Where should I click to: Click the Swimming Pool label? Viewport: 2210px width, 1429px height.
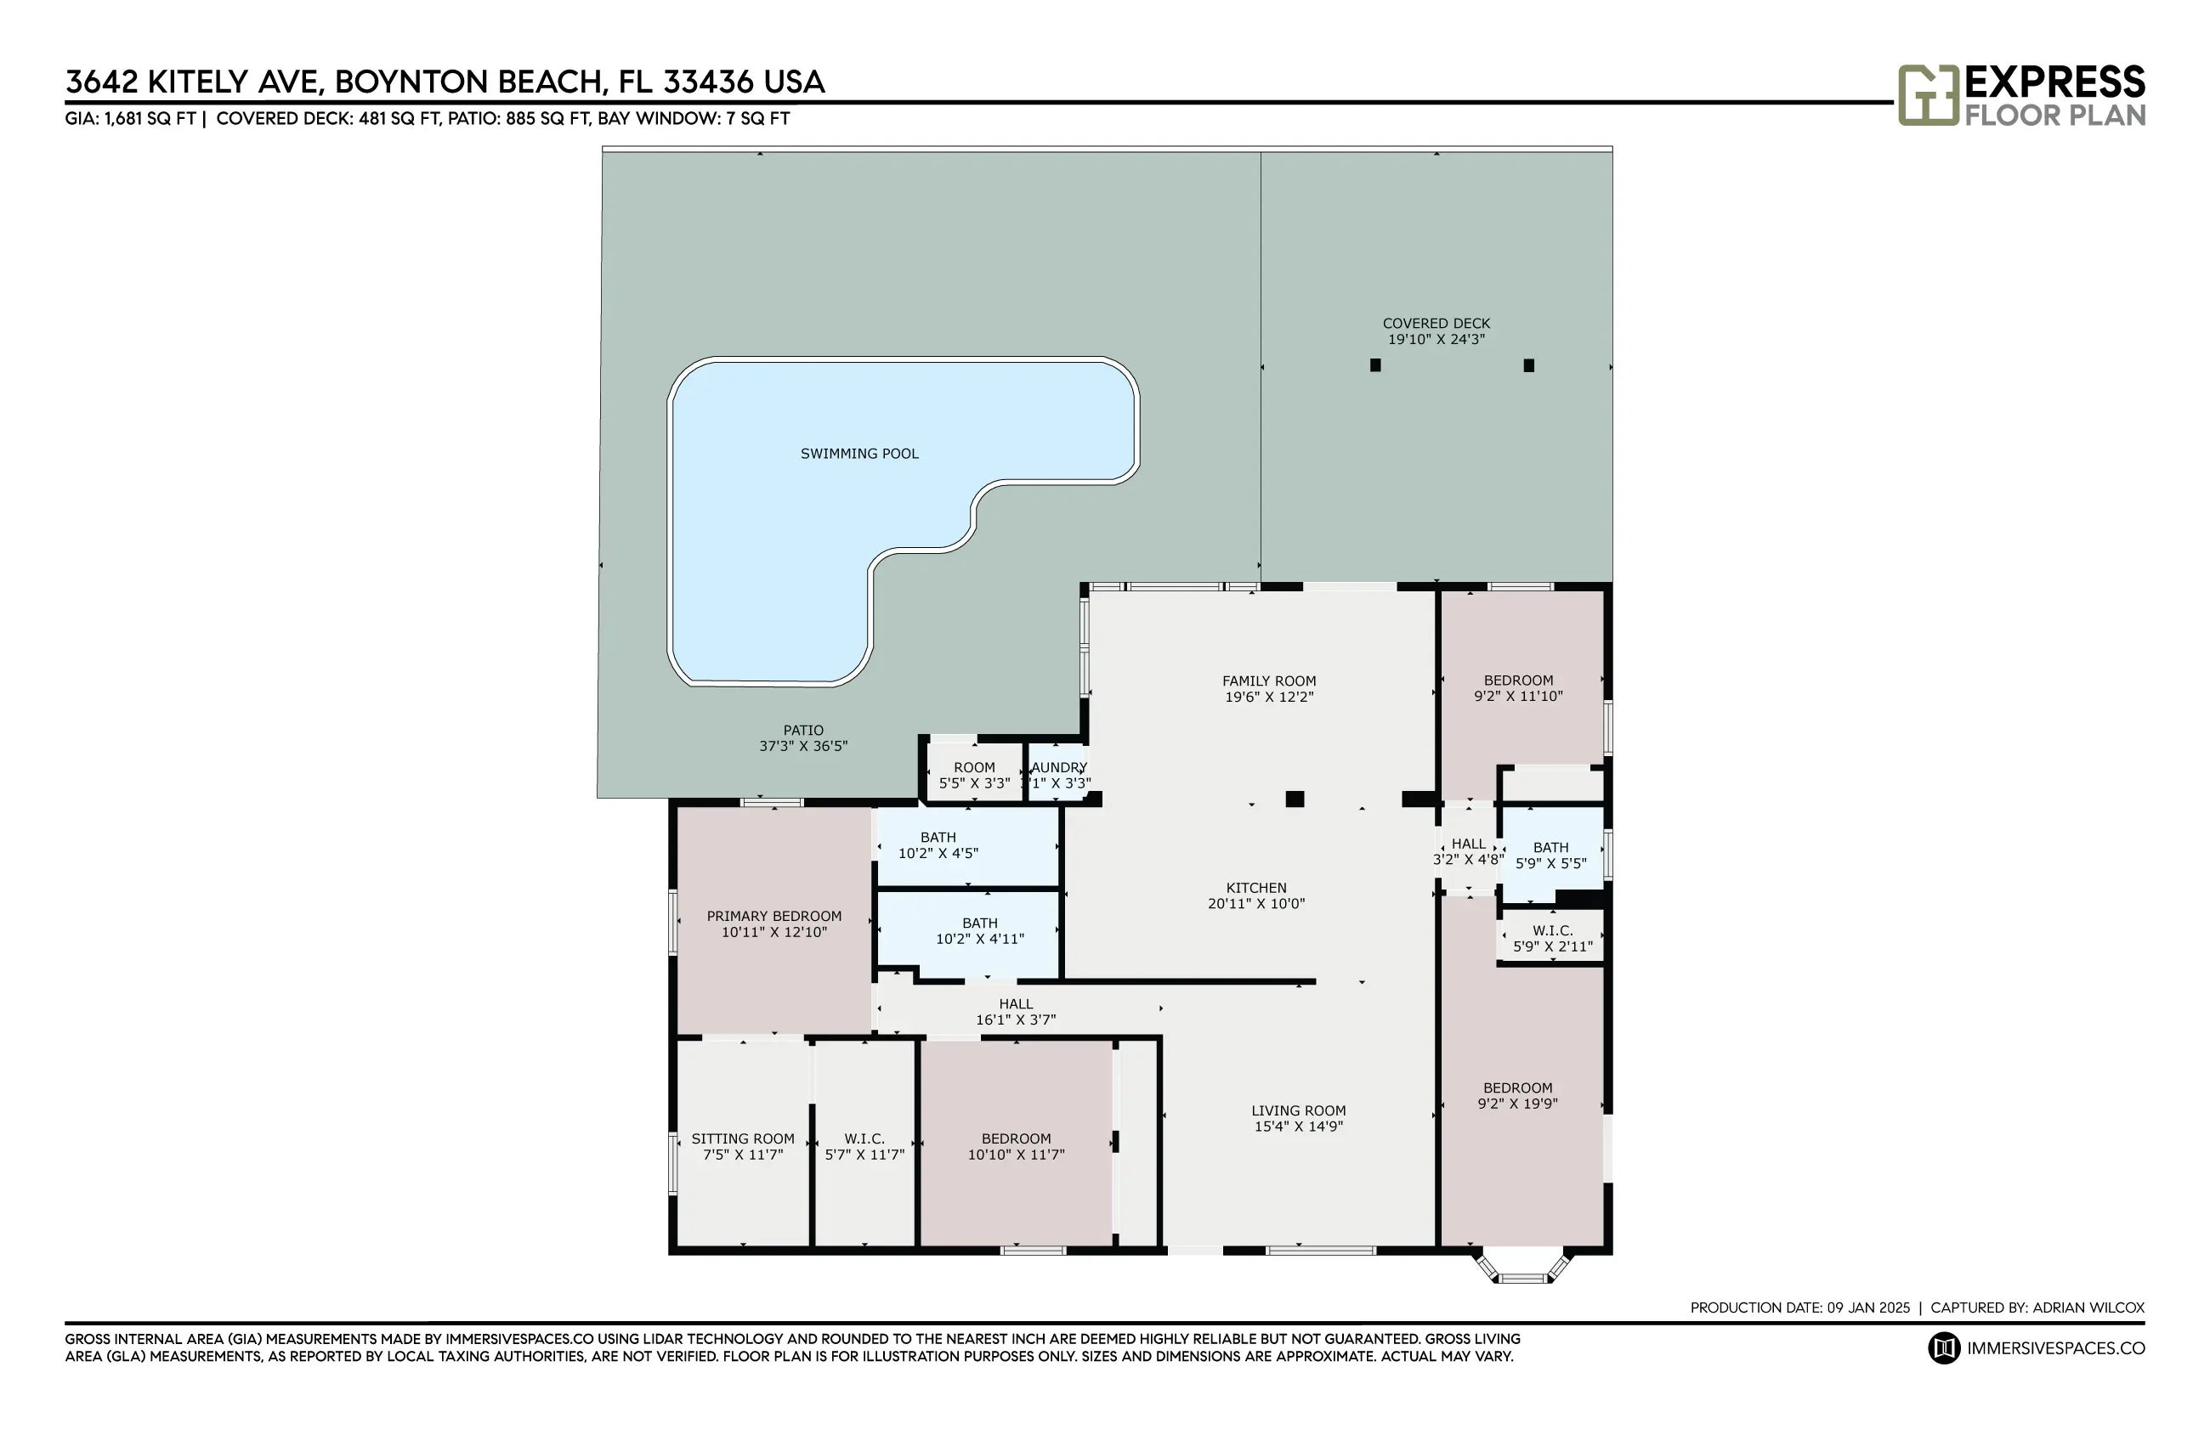point(859,454)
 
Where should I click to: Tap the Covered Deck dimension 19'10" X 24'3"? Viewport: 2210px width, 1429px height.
point(1436,340)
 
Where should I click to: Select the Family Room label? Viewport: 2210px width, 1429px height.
point(1269,681)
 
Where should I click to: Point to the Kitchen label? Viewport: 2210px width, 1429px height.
point(1255,888)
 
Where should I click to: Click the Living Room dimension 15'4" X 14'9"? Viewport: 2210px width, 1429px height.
point(1299,1127)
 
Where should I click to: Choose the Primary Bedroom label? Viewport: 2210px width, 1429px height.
point(774,916)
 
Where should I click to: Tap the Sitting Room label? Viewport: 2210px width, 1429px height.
point(743,1138)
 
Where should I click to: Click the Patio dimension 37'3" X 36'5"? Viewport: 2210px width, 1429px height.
point(804,746)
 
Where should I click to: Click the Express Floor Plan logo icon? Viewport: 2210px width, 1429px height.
point(1928,94)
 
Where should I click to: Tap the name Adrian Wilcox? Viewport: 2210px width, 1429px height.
point(2088,1308)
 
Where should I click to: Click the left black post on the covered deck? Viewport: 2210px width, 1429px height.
point(1375,365)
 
